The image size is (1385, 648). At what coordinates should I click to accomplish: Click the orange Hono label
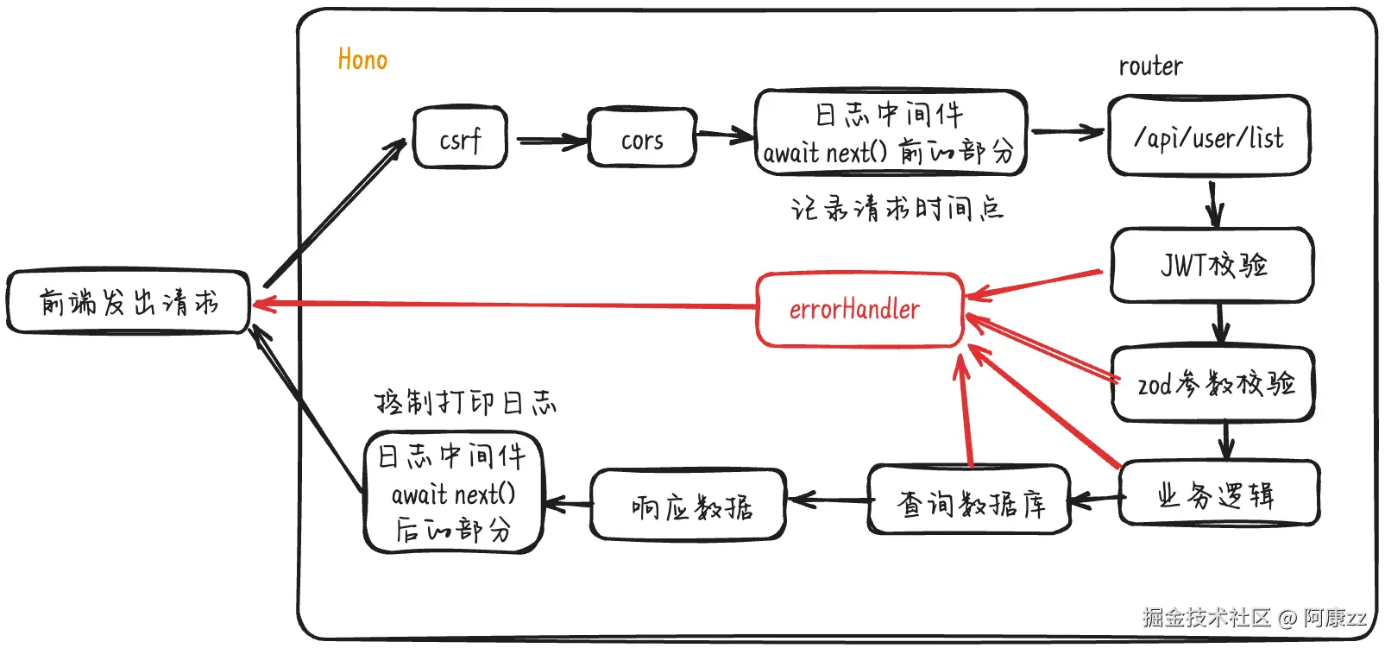point(362,60)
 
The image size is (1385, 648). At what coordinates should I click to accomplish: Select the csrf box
point(460,137)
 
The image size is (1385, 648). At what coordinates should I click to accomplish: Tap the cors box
point(642,137)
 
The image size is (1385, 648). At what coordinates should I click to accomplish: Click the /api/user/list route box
point(1209,135)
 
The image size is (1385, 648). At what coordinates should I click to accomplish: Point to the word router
point(1150,66)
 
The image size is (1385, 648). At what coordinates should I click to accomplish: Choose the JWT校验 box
point(1212,265)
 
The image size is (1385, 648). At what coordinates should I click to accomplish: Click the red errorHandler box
point(859,309)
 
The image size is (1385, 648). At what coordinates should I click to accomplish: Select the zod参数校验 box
point(1213,384)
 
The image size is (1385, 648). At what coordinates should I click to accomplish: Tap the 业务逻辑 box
point(1219,494)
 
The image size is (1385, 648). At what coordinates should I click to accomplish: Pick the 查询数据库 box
point(969,500)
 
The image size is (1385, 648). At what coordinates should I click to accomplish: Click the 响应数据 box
point(688,504)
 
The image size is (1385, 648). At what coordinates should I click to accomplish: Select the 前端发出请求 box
point(128,302)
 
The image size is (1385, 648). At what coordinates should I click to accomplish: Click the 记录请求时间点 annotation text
point(897,208)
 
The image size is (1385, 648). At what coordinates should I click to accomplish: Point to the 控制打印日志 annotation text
point(466,403)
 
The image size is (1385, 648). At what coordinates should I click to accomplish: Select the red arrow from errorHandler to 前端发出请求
point(505,305)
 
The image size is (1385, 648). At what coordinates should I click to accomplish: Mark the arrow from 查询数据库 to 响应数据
point(828,500)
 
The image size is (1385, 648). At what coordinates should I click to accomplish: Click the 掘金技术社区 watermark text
point(1206,618)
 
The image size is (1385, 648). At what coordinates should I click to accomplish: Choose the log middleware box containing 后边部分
point(453,493)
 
